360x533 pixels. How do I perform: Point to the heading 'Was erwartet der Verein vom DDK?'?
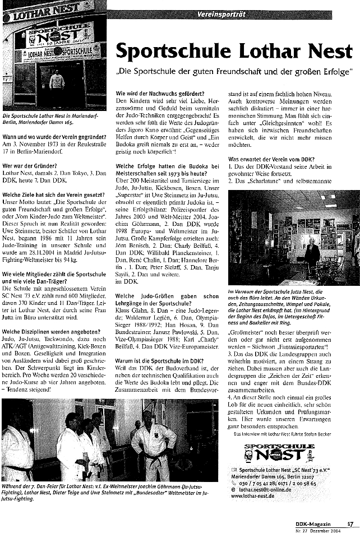click(271, 160)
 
